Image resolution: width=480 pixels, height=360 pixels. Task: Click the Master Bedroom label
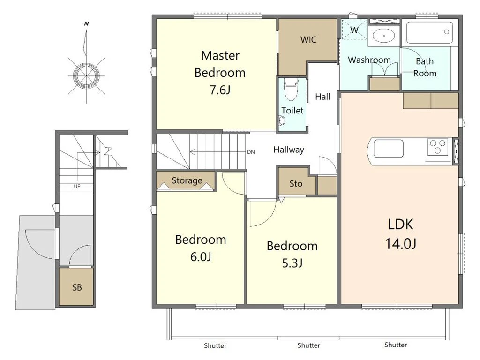point(220,73)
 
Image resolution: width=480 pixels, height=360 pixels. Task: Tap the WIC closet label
point(308,39)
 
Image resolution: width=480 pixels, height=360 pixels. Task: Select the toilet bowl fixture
point(291,89)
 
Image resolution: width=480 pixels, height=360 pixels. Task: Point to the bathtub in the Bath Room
point(429,32)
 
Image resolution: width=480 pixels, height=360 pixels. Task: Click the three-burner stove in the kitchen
point(438,147)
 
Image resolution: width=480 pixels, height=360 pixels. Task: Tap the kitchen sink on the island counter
point(389,149)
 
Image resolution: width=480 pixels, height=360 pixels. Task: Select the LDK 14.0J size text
point(400,233)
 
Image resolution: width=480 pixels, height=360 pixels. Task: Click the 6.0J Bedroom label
point(201,247)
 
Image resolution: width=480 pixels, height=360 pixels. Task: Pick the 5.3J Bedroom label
point(292,254)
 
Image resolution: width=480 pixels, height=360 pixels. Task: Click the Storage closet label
point(187,180)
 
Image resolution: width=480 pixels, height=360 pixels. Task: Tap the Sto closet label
point(296,183)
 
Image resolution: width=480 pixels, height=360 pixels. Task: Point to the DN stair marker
point(251,152)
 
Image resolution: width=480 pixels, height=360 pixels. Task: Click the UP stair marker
point(77,186)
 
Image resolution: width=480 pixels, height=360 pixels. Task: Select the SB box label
point(77,287)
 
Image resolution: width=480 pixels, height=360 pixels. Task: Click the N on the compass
point(87,23)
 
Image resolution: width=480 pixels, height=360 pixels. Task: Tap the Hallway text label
point(289,150)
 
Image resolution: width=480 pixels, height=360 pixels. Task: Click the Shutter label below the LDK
point(396,345)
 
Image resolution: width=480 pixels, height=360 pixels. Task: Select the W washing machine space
point(354,30)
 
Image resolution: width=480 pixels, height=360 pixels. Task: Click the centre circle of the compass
point(86,75)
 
